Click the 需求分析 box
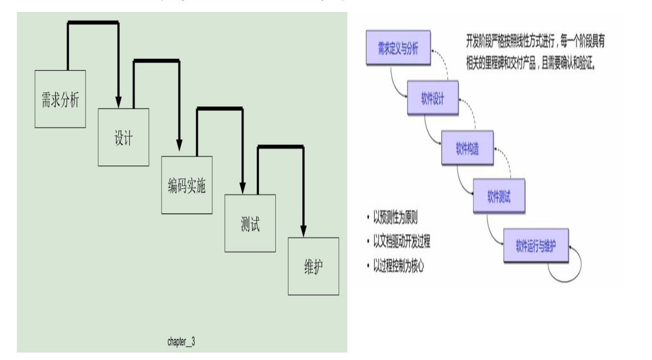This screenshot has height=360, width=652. click(x=60, y=98)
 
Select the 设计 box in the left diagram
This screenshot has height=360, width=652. click(x=123, y=137)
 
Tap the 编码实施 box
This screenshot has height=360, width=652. click(x=187, y=184)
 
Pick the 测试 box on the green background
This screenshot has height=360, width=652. click(x=250, y=223)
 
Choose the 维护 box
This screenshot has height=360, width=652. click(x=314, y=266)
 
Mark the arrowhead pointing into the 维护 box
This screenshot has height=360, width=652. click(x=303, y=231)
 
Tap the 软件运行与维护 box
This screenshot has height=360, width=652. click(x=535, y=247)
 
